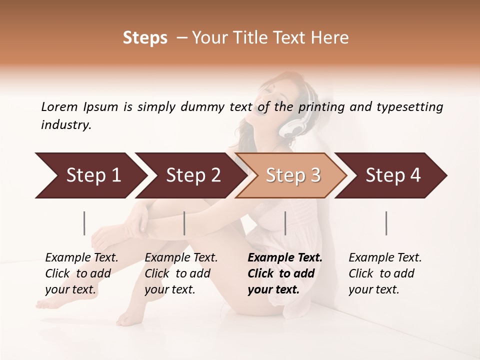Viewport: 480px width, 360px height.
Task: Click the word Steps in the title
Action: pyautogui.click(x=145, y=38)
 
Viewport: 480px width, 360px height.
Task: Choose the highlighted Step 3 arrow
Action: pyautogui.click(x=292, y=175)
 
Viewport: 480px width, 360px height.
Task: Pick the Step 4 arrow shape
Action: pyautogui.click(x=392, y=175)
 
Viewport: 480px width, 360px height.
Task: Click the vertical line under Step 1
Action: pyautogui.click(x=84, y=223)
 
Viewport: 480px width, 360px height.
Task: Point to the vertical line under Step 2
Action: pyautogui.click(x=184, y=223)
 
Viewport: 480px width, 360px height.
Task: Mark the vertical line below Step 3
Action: pyautogui.click(x=285, y=223)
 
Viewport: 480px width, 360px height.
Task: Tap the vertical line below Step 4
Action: pyautogui.click(x=386, y=223)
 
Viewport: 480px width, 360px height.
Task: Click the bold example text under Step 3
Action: pyautogui.click(x=284, y=273)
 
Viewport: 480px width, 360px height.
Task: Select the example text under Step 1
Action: pyautogui.click(x=81, y=273)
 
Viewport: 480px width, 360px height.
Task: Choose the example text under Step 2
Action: pyautogui.click(x=180, y=273)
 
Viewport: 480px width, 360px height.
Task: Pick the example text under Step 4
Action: pyautogui.click(x=384, y=273)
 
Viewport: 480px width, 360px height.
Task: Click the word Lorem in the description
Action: pyautogui.click(x=59, y=107)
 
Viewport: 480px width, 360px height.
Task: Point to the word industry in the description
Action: pyautogui.click(x=65, y=125)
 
